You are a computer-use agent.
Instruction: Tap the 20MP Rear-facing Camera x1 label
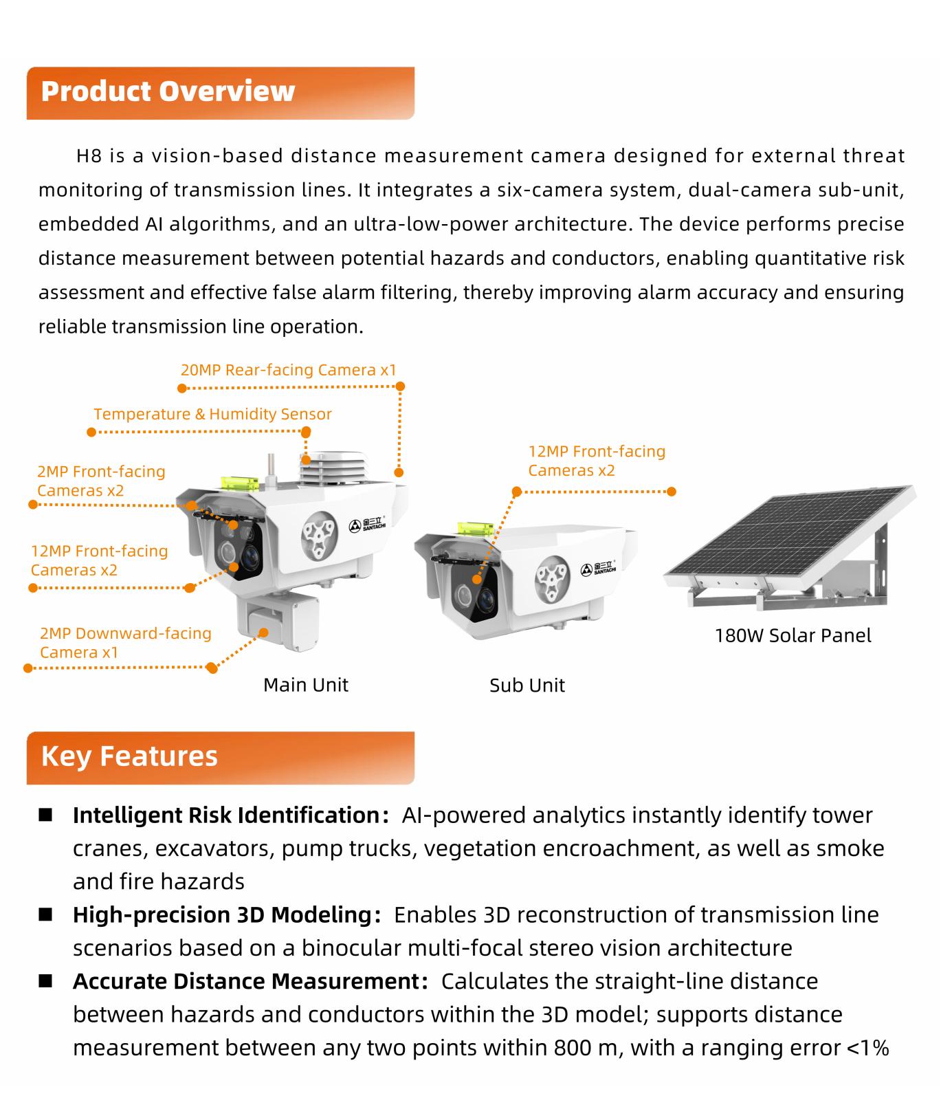[289, 370]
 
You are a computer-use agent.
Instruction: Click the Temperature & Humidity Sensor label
[212, 414]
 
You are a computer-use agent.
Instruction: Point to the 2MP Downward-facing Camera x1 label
[125, 642]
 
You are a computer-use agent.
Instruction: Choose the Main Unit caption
[306, 685]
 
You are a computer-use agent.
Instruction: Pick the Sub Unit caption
[527, 686]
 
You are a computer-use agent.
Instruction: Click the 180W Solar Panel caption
[793, 635]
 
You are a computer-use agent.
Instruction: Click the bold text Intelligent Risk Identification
[226, 815]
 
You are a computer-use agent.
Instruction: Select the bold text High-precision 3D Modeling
[222, 915]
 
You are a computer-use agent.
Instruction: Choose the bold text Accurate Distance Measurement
[245, 981]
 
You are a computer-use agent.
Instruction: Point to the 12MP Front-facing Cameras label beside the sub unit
[597, 461]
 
